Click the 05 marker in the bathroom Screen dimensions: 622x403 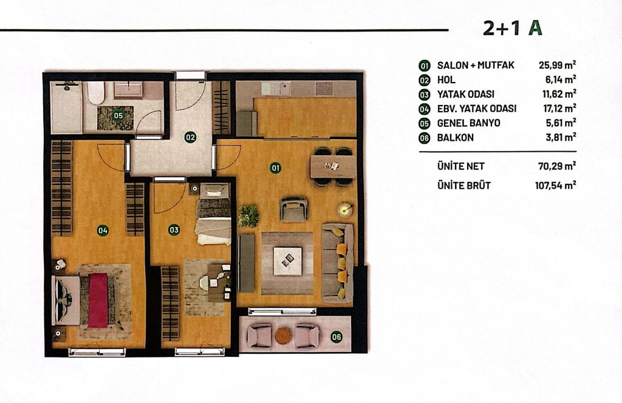pos(118,116)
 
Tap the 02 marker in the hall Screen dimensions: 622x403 pos(190,138)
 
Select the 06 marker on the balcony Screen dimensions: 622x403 pos(336,337)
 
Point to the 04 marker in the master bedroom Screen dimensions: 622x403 pos(103,230)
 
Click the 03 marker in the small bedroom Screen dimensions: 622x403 pos(174,230)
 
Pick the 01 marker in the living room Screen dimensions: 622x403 pos(275,168)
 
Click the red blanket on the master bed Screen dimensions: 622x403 pos(98,300)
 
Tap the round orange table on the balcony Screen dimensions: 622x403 pos(283,336)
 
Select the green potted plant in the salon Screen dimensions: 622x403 pos(248,216)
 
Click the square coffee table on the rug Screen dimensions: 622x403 pos(287,260)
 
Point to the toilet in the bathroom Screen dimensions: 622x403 pos(95,93)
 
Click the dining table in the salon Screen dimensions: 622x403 pos(332,166)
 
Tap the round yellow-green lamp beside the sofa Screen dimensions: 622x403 pos(345,209)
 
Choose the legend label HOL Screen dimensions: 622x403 pos(446,80)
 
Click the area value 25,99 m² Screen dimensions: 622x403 pos(558,65)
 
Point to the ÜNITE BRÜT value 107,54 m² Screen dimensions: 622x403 pos(555,185)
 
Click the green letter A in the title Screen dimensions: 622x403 pos(535,28)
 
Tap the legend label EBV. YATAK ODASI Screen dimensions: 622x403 pos(477,109)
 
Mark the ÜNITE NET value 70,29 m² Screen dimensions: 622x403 pos(558,166)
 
